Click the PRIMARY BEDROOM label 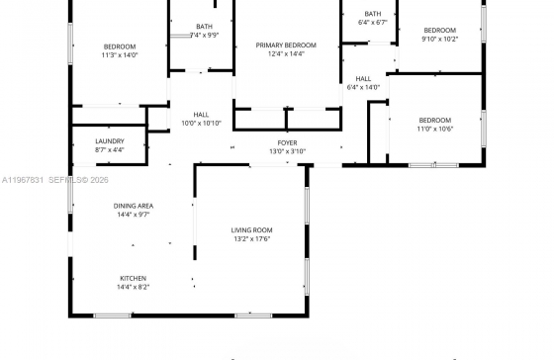click(286, 45)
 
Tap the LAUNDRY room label click(110, 141)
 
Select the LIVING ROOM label click(251, 230)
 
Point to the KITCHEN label click(134, 278)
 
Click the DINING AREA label click(134, 206)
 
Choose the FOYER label click(287, 143)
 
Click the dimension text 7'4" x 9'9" click(204, 35)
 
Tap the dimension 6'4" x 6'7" click(373, 23)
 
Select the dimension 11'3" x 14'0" click(120, 55)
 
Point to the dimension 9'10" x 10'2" click(440, 39)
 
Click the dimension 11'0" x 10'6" click(435, 129)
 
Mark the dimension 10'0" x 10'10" click(201, 124)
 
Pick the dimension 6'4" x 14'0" click(363, 87)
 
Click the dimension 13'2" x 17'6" click(252, 239)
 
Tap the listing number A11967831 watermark click(23, 180)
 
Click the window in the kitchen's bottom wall click(113, 315)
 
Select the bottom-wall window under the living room click(253, 315)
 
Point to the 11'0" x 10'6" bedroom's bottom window click(433, 165)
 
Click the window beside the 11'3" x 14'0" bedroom click(70, 44)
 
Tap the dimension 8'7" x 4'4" click(110, 149)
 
